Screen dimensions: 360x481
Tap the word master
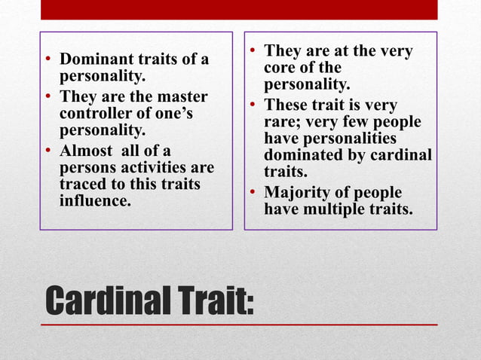pyautogui.click(x=180, y=97)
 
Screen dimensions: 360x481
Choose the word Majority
pyautogui.click(x=295, y=192)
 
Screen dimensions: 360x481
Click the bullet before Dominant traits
pyautogui.click(x=47, y=59)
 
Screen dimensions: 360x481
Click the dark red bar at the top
pyautogui.click(x=239, y=9)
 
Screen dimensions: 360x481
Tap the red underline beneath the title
pyautogui.click(x=239, y=325)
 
